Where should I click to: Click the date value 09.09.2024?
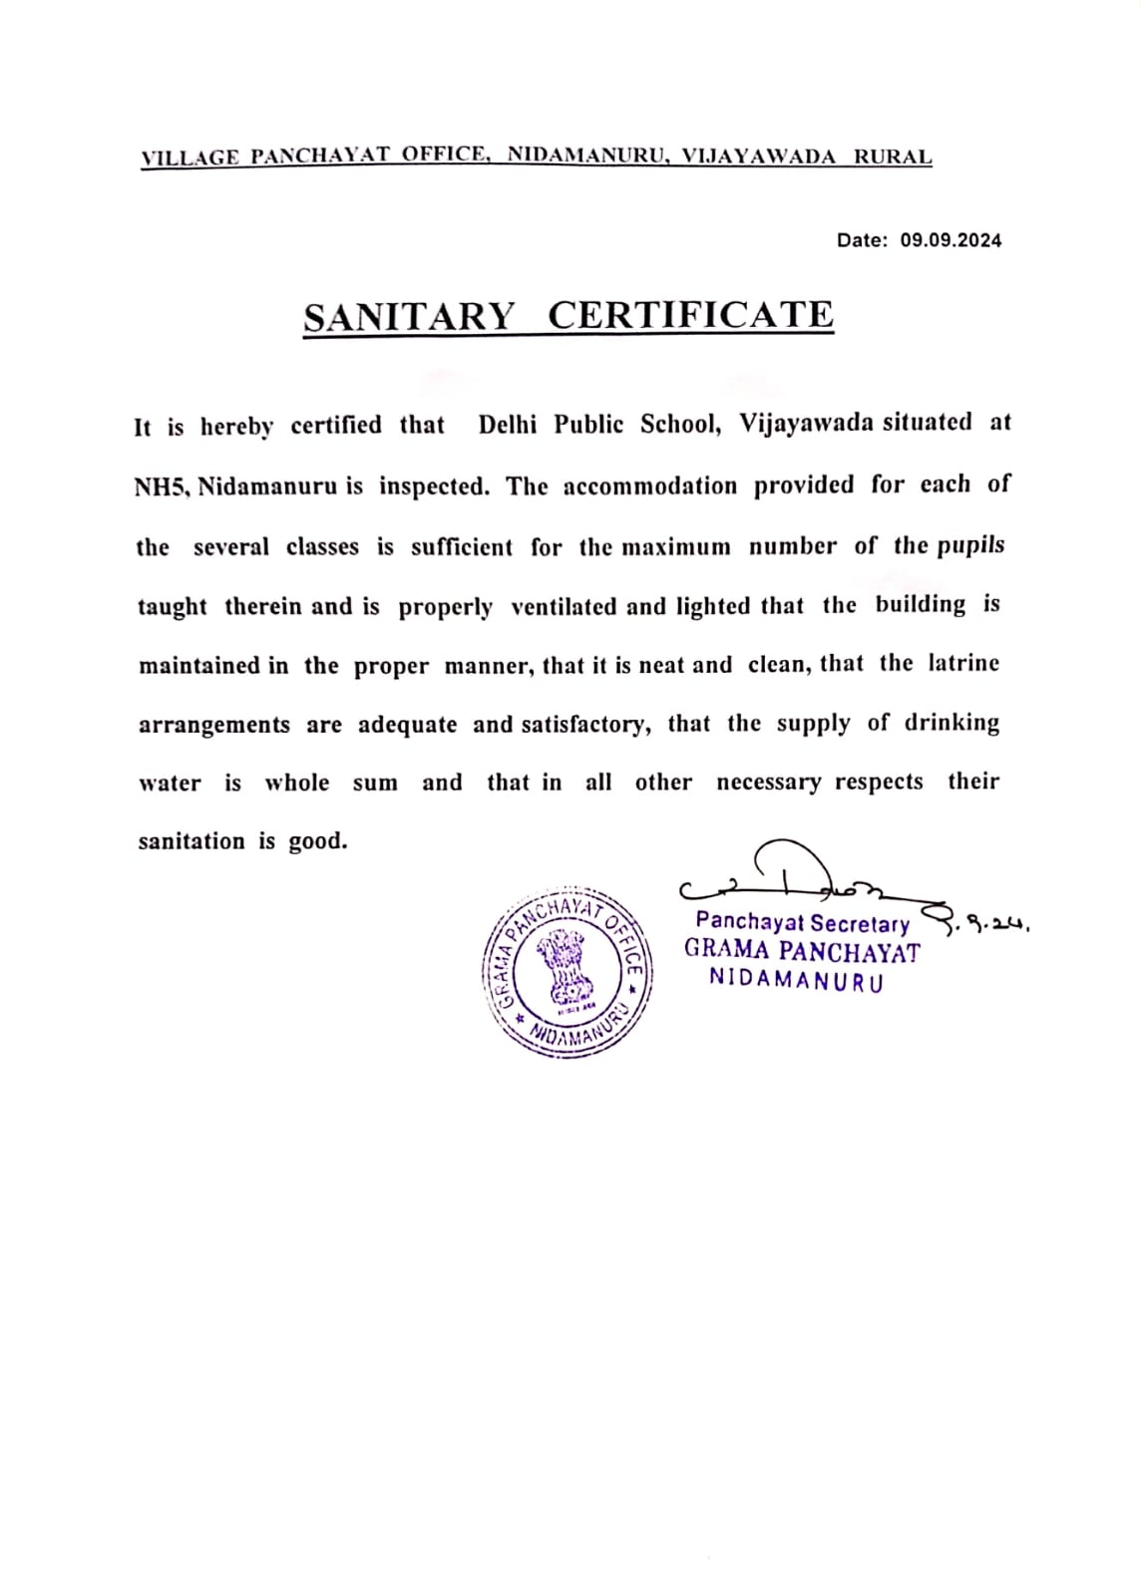click(951, 240)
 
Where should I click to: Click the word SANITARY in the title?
click(409, 317)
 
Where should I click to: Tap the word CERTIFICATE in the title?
click(690, 315)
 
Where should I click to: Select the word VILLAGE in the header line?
click(190, 158)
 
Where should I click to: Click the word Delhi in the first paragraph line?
click(507, 425)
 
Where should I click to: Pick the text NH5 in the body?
click(161, 486)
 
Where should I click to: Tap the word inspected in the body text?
click(433, 486)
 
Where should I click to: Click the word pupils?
click(969, 545)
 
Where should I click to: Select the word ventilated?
click(564, 606)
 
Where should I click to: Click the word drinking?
click(951, 723)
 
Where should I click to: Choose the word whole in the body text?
click(296, 783)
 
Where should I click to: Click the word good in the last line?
click(318, 841)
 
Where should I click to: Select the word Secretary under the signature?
click(860, 923)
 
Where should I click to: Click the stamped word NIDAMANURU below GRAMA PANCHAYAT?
click(796, 980)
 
